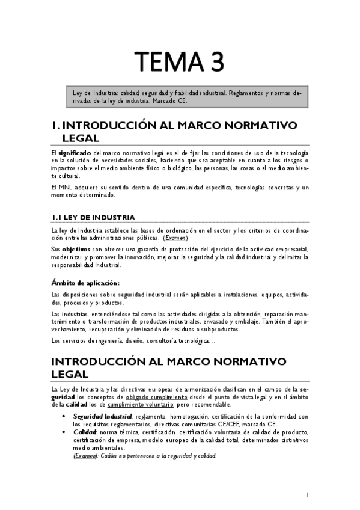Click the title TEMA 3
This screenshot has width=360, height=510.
coord(180,62)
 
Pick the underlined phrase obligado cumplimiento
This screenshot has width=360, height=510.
coord(150,396)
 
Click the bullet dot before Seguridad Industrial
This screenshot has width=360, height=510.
coord(64,416)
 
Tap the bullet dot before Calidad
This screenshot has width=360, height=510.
coord(64,432)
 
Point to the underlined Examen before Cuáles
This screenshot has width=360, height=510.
coord(84,456)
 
